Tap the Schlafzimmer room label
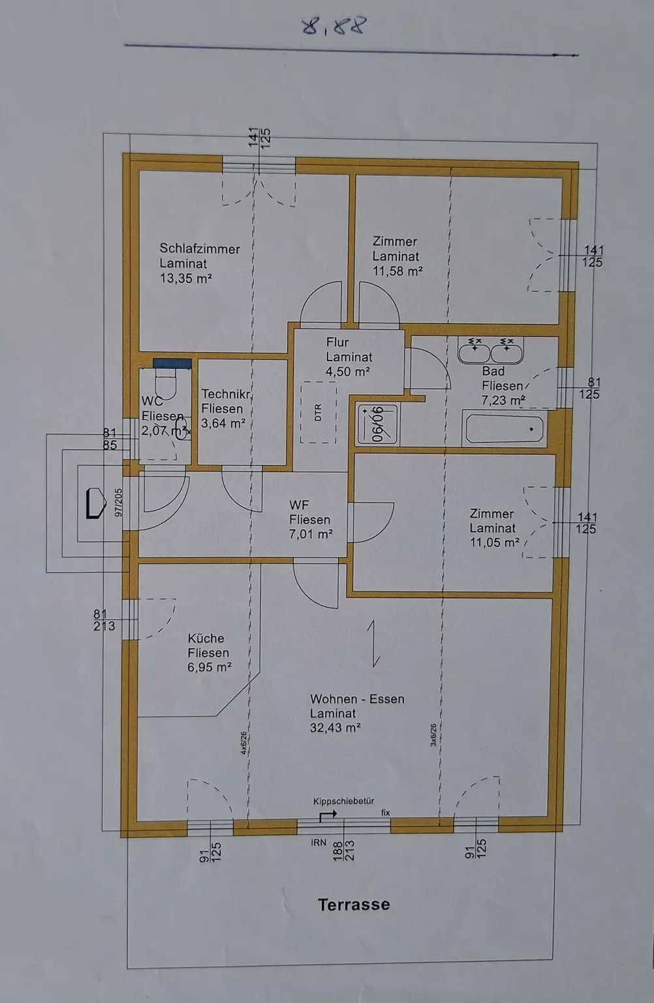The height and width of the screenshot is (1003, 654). tap(200, 249)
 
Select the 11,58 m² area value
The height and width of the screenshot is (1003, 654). tap(397, 271)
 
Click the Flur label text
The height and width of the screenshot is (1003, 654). tap(337, 342)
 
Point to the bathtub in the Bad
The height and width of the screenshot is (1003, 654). tap(503, 429)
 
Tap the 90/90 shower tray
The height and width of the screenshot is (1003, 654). tap(377, 424)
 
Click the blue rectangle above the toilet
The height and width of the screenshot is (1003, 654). tap(172, 364)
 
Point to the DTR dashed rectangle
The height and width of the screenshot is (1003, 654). tap(318, 413)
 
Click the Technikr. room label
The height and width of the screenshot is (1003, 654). tap(226, 394)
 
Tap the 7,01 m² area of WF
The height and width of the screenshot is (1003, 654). tap(311, 534)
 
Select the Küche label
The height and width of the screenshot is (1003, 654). tap(206, 639)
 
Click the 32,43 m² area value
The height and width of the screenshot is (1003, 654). tap(335, 727)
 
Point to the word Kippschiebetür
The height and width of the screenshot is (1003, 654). tap(343, 801)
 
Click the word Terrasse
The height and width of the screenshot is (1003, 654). tap(354, 904)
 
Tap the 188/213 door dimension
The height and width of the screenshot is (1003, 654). tap(343, 851)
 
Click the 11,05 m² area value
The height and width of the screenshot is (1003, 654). tap(494, 543)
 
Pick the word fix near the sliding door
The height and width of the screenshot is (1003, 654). tap(386, 812)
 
